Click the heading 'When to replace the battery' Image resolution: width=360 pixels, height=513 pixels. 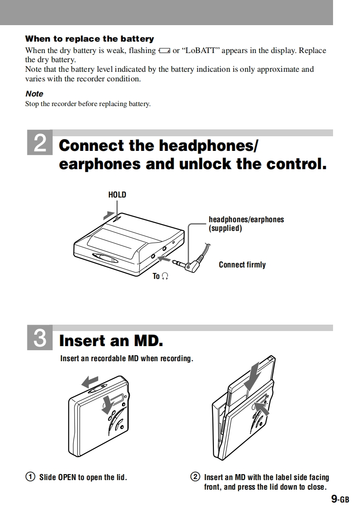(90, 39)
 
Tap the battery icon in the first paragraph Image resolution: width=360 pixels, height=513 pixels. (164, 51)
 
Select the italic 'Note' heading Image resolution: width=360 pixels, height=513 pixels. (34, 94)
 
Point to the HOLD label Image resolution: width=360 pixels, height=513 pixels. (117, 195)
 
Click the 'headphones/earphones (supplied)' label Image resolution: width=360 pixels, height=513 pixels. (246, 224)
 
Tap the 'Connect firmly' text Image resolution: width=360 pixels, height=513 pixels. (242, 265)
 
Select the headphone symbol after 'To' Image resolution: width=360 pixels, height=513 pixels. (165, 276)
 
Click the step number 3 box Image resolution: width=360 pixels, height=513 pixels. (40, 339)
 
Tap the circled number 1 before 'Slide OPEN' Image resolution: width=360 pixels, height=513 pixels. (30, 477)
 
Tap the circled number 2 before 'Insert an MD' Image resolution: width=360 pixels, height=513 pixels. (195, 477)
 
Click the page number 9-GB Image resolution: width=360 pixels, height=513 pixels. (340, 499)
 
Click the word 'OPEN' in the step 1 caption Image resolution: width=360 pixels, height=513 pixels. (67, 477)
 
